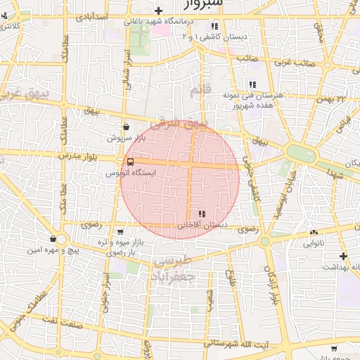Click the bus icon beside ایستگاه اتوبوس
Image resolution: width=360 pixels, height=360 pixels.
pos(130,162)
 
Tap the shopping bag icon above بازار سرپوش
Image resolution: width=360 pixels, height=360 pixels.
pos(126,127)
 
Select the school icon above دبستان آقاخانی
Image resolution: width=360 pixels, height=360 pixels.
pos(202,214)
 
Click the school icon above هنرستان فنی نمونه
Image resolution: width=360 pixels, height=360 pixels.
pos(252,84)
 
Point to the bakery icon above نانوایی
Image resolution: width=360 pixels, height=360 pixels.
pos(313,233)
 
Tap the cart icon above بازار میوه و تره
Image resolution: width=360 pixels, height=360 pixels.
pos(120,231)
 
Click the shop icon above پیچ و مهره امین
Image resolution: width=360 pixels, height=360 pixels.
pos(53,240)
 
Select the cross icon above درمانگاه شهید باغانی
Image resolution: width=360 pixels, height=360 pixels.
pos(160,11)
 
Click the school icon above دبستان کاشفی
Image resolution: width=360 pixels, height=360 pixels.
pos(214,25)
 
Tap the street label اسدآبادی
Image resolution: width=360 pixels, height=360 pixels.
pos(91,15)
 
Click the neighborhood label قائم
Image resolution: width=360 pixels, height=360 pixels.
pos(200,90)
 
